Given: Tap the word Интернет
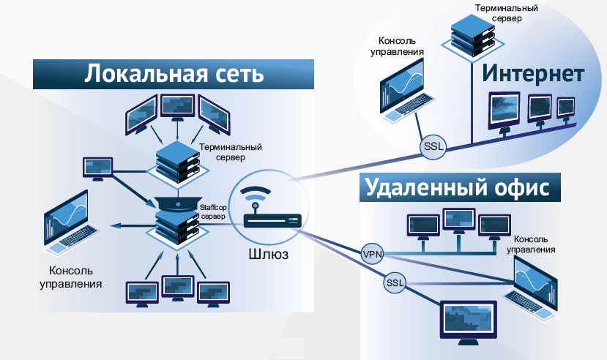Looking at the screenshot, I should click(532, 75).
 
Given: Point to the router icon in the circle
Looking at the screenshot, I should click(264, 211).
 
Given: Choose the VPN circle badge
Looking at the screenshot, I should click(372, 255).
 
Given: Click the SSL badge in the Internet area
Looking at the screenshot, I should click(433, 148).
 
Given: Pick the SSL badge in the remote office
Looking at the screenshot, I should click(395, 282).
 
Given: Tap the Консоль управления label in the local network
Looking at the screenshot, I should click(70, 277).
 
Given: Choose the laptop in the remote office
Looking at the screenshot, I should click(530, 288).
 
